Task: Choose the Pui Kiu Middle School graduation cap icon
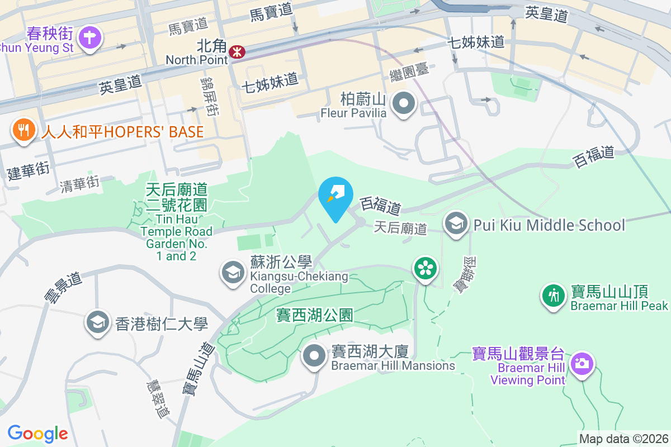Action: (456, 225)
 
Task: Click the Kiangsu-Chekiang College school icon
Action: (231, 273)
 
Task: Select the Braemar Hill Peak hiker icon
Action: (554, 295)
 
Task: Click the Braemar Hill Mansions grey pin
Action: (315, 356)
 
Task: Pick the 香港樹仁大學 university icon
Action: (98, 322)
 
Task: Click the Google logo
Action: (37, 434)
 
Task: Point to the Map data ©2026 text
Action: (623, 439)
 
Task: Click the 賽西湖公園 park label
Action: (315, 315)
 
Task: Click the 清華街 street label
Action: (80, 184)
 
